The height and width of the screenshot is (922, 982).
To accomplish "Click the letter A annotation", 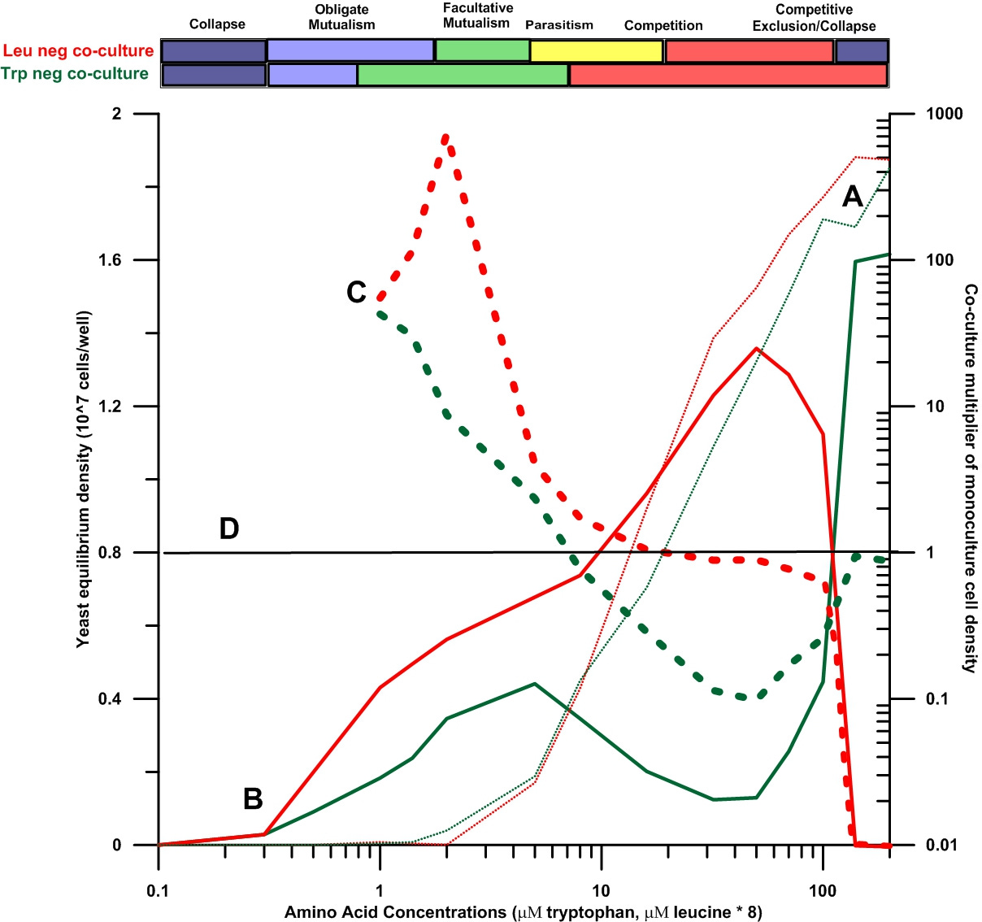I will (x=852, y=197).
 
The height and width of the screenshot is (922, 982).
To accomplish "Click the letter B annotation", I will (x=253, y=799).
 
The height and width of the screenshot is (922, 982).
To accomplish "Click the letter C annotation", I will (x=356, y=293).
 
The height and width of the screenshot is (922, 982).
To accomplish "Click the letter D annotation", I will (x=229, y=529).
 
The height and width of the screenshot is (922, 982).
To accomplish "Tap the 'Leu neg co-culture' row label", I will (x=78, y=51).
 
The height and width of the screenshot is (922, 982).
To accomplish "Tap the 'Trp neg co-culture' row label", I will (x=75, y=74).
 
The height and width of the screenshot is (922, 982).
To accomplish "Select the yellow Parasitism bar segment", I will (x=596, y=51).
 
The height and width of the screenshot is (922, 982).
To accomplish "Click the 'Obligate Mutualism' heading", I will (x=341, y=17).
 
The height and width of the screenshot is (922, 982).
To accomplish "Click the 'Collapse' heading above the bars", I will (x=217, y=24).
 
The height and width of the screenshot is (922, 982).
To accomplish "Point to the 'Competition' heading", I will (x=663, y=25).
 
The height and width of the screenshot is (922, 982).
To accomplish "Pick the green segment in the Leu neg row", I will (x=482, y=51).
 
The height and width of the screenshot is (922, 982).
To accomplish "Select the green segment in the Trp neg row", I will (x=463, y=75).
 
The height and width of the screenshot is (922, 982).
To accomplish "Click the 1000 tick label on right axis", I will (x=944, y=114).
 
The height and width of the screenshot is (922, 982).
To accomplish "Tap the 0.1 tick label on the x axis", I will (x=159, y=890).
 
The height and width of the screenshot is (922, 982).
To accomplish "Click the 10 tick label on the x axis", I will (x=601, y=890).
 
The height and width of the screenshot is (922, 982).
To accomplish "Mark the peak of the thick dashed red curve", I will (x=445, y=137).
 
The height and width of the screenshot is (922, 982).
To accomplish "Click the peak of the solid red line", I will (x=757, y=348).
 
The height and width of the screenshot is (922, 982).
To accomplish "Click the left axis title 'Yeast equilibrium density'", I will (x=83, y=480).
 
